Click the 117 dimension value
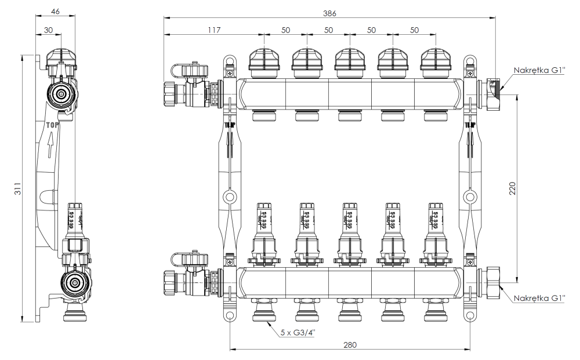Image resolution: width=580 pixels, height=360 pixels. point(213,29)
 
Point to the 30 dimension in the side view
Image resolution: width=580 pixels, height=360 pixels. point(49,29)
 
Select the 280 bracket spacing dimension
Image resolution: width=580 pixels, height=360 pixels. point(349,344)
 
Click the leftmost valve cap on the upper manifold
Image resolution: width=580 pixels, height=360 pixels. point(264,61)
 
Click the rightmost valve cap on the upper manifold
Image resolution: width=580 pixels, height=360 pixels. point(435,61)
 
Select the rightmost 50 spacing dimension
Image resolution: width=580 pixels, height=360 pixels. point(414,29)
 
